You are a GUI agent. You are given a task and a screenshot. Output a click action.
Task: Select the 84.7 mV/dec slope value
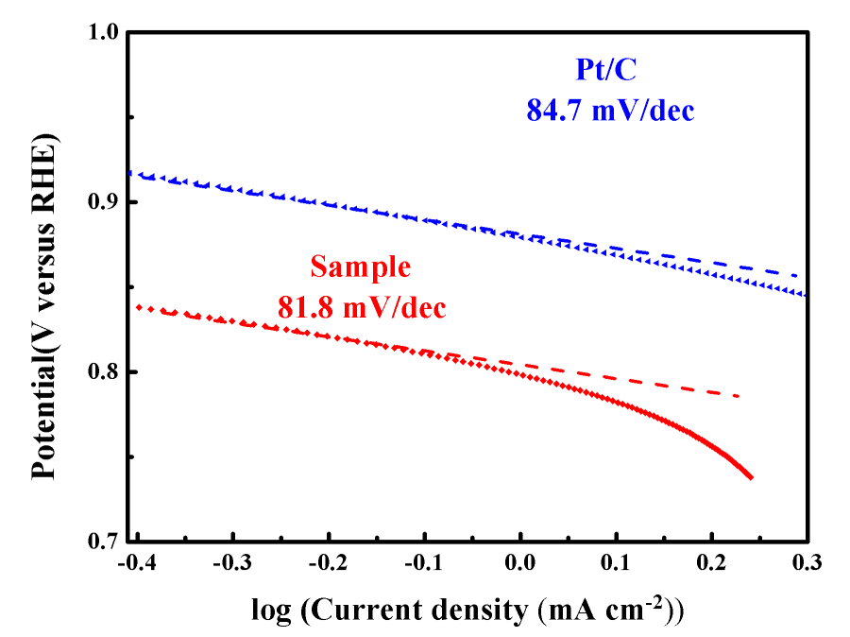coord(610,111)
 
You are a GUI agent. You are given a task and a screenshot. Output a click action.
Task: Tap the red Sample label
coord(362,267)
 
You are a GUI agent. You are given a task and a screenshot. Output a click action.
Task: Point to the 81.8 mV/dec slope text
coord(362,307)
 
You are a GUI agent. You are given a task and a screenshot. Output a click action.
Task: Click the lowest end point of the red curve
coord(751,478)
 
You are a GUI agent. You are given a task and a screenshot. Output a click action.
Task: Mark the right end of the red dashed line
coord(739,395)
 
